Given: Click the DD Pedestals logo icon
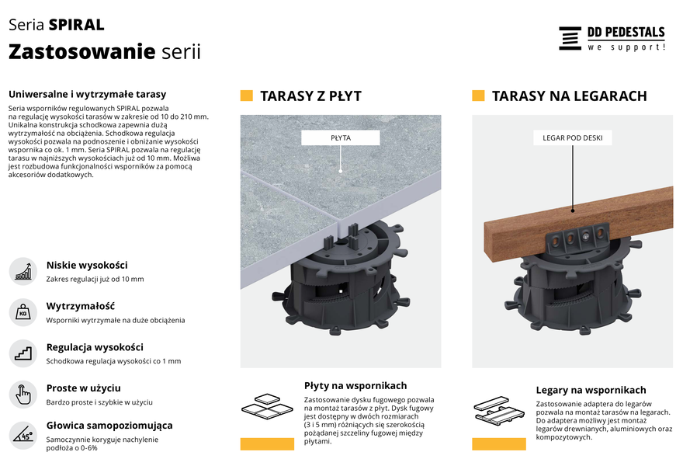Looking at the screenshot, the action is (570, 38).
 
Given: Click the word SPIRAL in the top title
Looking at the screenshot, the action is (76, 25).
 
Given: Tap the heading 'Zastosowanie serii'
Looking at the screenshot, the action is (105, 51).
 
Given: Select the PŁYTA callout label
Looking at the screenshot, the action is (340, 137).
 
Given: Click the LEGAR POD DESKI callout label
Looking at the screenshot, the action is (572, 137).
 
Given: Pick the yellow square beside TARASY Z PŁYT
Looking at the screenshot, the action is (247, 96).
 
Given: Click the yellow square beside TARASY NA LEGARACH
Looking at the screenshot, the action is (478, 96).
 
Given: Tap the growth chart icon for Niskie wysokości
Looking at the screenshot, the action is (23, 271).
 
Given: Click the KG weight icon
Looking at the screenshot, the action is (23, 312).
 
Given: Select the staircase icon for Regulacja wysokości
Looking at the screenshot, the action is (23, 353).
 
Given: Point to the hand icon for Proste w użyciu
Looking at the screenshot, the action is (23, 394).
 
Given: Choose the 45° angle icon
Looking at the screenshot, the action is (23, 435).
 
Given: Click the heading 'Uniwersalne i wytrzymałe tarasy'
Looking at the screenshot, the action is (87, 94).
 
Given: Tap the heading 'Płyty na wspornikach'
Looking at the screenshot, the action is (355, 386).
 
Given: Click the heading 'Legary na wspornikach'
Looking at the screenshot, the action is (591, 390).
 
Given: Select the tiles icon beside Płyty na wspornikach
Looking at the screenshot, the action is (268, 406).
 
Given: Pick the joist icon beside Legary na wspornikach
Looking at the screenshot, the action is (499, 410).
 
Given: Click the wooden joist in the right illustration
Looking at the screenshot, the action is (579, 222).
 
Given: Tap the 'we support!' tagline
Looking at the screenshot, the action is (626, 47).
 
